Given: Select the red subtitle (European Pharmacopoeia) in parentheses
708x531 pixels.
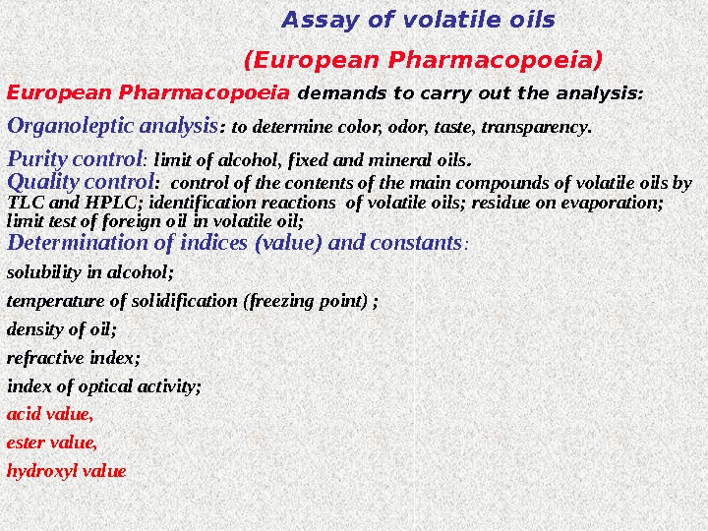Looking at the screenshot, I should pyautogui.click(x=423, y=61).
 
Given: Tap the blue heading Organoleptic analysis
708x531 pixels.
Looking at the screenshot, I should pyautogui.click(x=112, y=127).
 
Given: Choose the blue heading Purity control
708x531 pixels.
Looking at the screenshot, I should pyautogui.click(x=76, y=158).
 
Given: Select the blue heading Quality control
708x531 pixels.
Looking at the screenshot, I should pyautogui.click(x=82, y=182).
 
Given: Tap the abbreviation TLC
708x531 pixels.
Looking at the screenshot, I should pyautogui.click(x=25, y=203).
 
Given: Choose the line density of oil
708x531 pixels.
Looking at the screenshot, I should pyautogui.click(x=62, y=329).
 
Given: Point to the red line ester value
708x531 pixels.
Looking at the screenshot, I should pyautogui.click(x=52, y=442).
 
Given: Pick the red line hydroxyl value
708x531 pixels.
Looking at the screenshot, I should pyautogui.click(x=67, y=471).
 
